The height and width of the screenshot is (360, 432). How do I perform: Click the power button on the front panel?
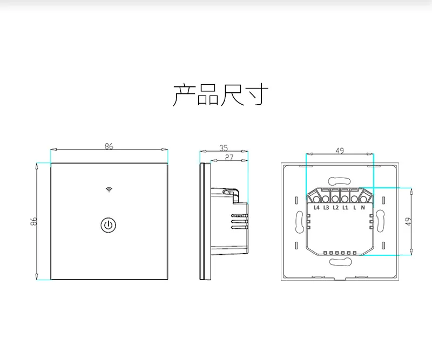coord(109,225)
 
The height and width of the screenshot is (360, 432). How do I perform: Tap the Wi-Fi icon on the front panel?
coord(109,189)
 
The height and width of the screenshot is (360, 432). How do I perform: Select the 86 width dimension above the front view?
coord(109,146)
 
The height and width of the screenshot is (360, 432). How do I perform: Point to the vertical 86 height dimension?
coord(33,221)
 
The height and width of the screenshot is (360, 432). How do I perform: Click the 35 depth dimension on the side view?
coord(224,147)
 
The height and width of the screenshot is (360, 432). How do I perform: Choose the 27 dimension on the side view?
coord(228,157)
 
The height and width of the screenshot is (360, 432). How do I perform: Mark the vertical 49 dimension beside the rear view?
coord(408,221)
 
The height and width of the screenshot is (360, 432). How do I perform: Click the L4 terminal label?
coord(316,208)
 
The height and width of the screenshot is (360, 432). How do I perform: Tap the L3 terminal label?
coord(326,208)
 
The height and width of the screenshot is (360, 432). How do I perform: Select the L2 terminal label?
coord(335,208)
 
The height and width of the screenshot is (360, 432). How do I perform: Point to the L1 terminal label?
coord(345,208)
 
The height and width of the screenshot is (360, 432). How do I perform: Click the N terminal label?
coord(363,208)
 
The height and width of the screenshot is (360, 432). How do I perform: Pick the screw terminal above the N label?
coord(364,196)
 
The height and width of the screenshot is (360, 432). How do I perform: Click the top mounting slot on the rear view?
coord(340,180)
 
